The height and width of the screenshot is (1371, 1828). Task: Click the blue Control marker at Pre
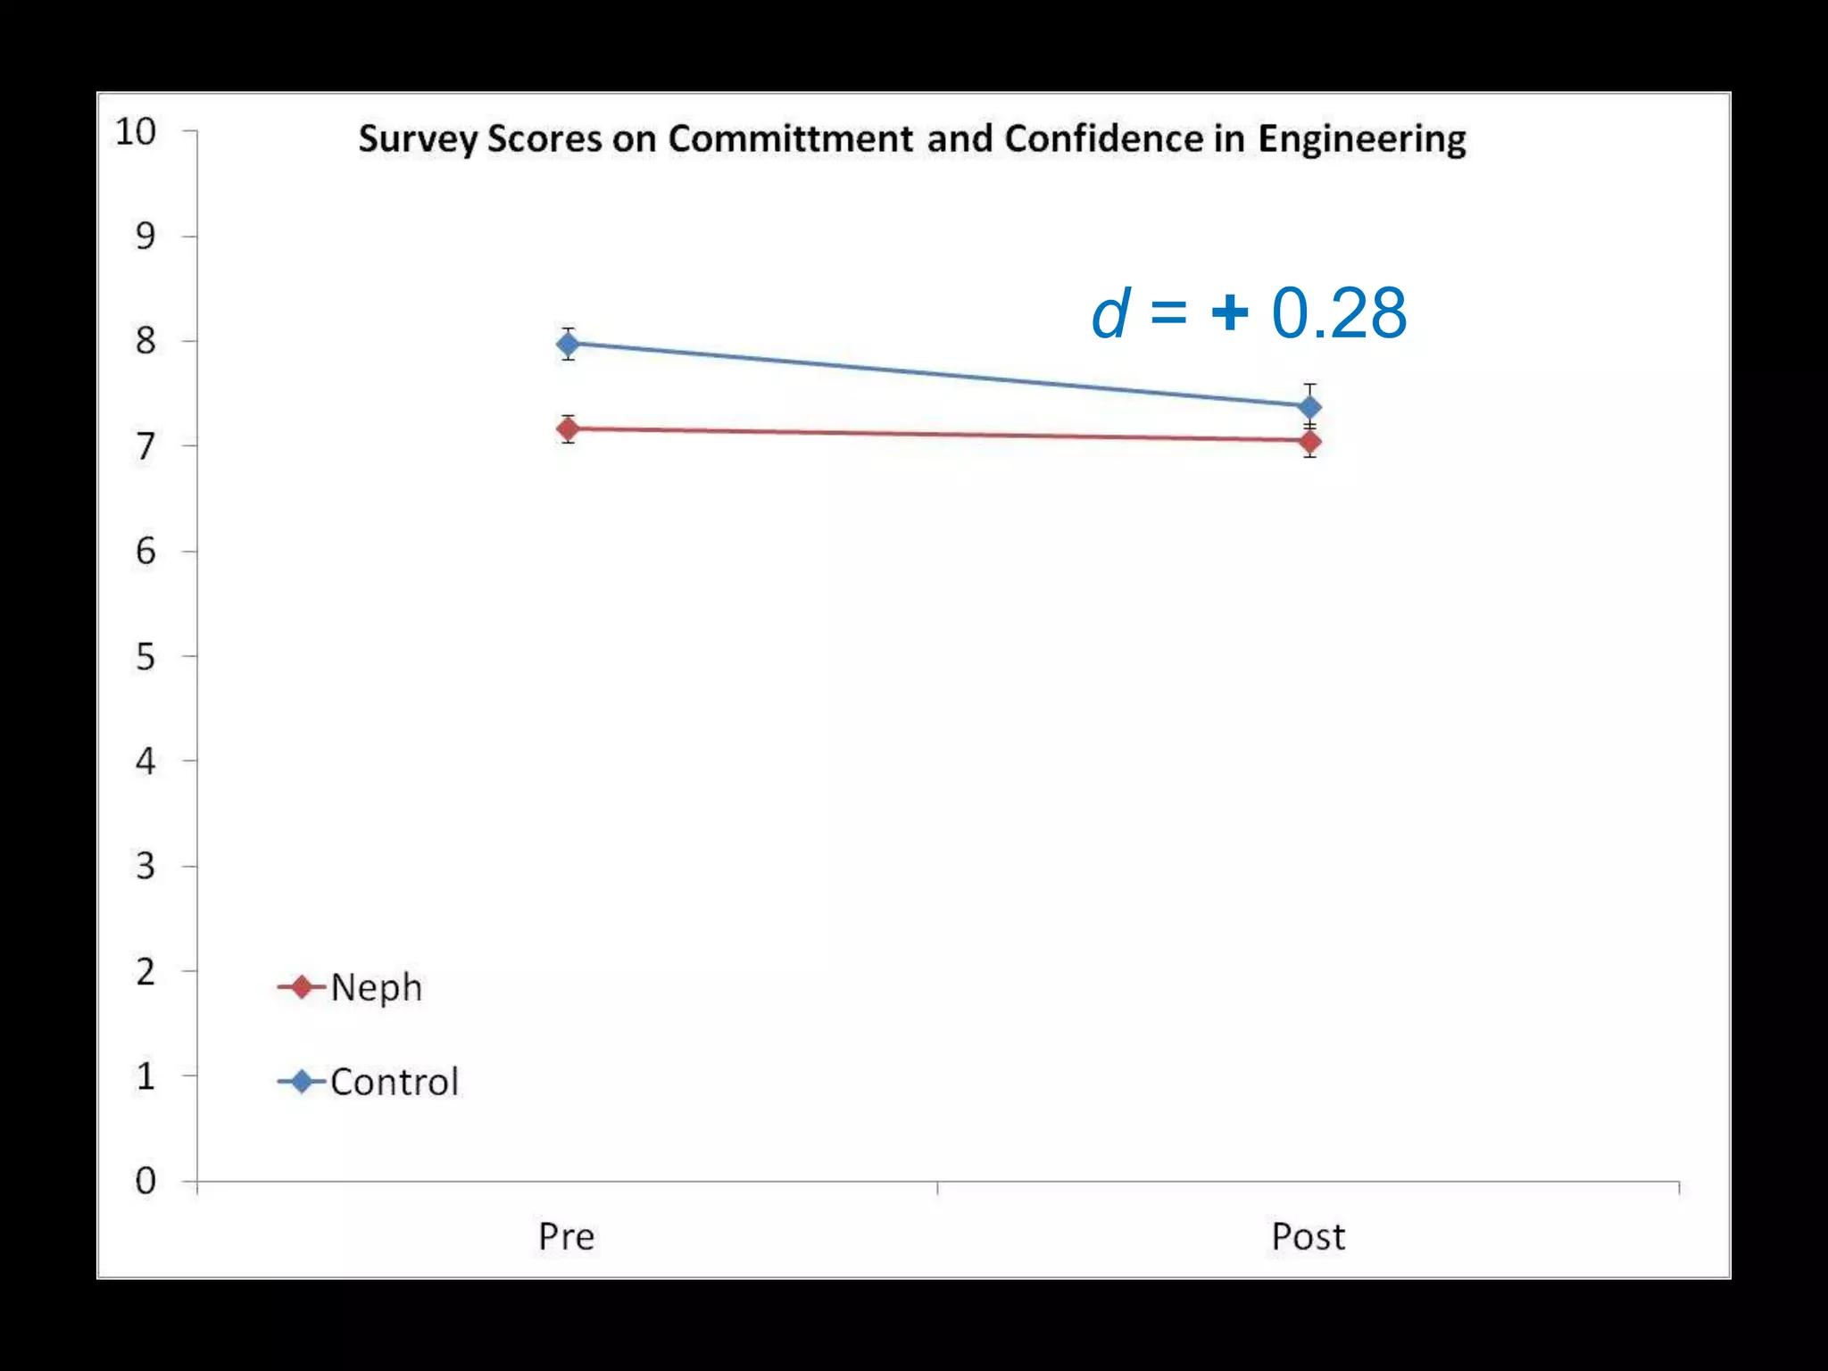[568, 344]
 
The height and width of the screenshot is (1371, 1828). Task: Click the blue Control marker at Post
[1309, 408]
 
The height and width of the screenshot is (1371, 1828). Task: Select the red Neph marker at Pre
[568, 429]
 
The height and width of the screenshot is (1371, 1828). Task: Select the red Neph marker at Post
[1309, 441]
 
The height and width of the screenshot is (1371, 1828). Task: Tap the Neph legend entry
[375, 987]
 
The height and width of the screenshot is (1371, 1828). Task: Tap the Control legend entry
[394, 1082]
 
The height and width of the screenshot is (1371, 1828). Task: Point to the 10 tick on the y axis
[136, 132]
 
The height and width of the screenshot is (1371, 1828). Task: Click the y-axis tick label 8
[145, 341]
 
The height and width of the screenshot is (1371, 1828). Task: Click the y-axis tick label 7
[145, 446]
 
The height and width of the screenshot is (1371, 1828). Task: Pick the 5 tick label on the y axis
[145, 657]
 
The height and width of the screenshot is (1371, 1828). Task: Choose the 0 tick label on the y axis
[145, 1181]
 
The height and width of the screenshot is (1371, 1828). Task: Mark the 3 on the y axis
[145, 866]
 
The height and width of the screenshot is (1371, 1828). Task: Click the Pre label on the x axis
[566, 1237]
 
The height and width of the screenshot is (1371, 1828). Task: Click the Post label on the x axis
[1308, 1237]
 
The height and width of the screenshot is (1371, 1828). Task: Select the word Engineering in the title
[1361, 140]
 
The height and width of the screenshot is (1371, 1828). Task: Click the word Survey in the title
[417, 140]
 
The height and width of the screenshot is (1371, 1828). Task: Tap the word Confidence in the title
[1104, 138]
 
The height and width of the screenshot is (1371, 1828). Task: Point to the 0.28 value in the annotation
[1339, 314]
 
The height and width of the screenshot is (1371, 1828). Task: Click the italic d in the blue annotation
[1110, 314]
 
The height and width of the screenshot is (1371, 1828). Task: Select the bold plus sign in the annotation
[1229, 313]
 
